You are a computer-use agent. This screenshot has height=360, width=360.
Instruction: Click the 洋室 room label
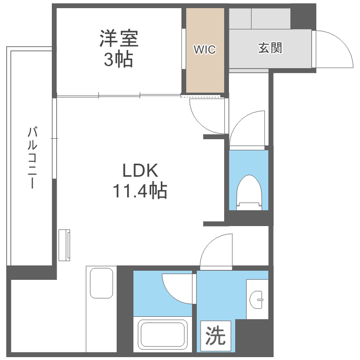pos(119,38)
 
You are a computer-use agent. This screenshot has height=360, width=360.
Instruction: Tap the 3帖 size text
pos(119,59)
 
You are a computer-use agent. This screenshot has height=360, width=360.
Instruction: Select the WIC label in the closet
pos(205,49)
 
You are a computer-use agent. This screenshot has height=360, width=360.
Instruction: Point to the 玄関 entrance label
pos(270,48)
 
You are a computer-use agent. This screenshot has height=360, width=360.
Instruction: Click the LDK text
pos(140,170)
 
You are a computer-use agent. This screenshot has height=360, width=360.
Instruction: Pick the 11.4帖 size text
pos(140,191)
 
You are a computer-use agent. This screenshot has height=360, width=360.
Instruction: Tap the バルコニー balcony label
pos(32,157)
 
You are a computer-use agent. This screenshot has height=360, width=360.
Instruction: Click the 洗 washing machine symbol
pos(216,336)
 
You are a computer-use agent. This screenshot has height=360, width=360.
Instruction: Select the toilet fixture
pos(249,192)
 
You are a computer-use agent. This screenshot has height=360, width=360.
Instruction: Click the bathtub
pos(163,335)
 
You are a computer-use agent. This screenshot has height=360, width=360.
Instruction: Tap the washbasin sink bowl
pos(256,300)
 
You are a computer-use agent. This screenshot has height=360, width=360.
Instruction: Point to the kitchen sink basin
pos(101,283)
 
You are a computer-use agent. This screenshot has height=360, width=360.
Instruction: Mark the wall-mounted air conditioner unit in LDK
pos(64,245)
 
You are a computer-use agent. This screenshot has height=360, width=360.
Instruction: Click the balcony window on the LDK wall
pos(54,138)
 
